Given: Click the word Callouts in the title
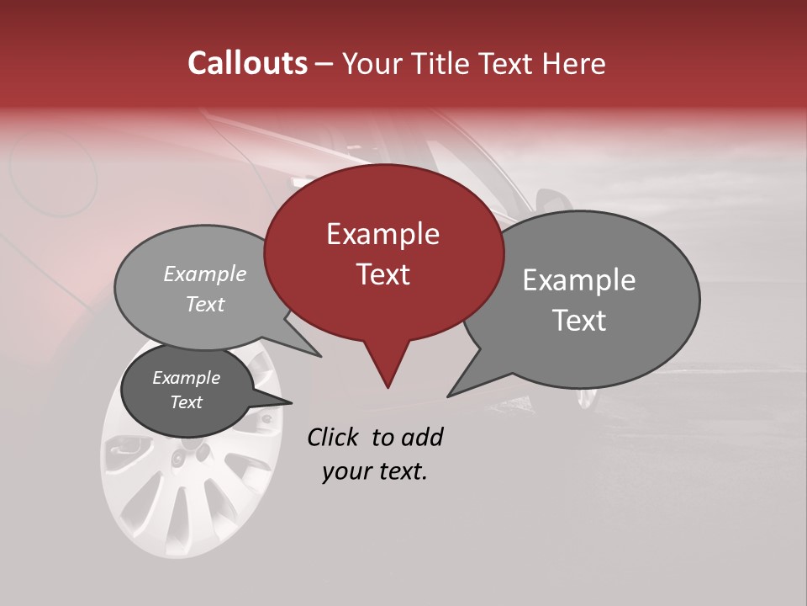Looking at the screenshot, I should [247, 63].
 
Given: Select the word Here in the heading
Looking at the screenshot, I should [573, 64].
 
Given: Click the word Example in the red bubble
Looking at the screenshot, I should [382, 234].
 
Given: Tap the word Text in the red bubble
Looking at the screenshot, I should [382, 274].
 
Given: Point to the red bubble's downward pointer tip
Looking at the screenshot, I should [388, 387].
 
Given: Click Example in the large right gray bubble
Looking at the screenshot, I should [579, 280].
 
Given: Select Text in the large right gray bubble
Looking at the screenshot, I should [579, 321].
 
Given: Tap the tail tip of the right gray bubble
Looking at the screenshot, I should [448, 396].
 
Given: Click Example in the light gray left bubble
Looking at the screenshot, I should [205, 274].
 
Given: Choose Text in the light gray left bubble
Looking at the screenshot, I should [205, 304].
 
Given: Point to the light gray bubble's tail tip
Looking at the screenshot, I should [320, 356].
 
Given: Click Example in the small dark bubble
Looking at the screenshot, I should [187, 378].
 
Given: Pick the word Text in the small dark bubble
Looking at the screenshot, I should [187, 402].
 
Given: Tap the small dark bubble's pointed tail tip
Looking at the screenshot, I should [292, 402].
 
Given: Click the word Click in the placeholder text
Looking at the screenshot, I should [334, 437].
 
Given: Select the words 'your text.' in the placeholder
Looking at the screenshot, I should [375, 471].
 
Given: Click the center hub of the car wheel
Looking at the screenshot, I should [177, 457].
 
